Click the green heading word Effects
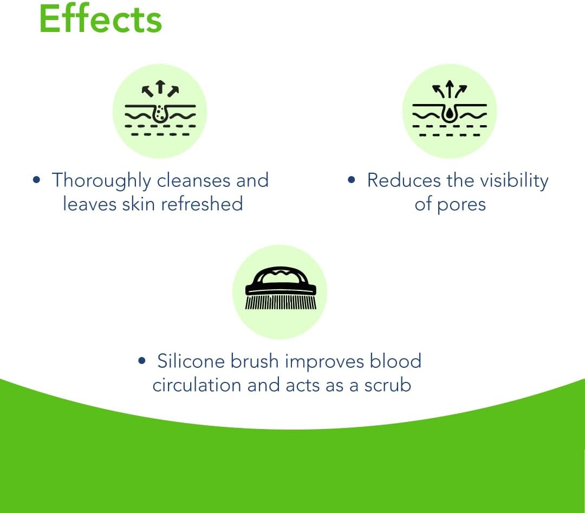pos(100,18)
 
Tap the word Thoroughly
pos(101,181)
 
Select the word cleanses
pos(193,180)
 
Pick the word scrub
pos(388,385)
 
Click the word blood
pos(395,361)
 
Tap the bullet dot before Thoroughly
pos(36,180)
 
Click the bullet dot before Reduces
pos(351,180)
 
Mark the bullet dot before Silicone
pos(141,361)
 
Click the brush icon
pos(281,288)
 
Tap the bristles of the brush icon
pos(281,302)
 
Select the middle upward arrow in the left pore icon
pos(160,87)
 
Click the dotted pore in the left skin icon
pos(160,113)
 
